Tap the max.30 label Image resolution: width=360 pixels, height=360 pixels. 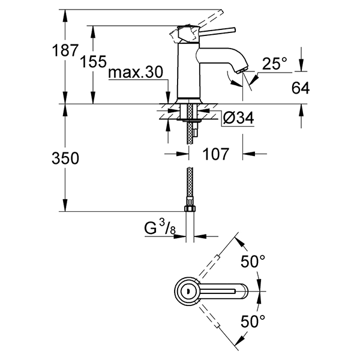[x=136, y=74]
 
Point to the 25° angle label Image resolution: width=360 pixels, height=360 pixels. [x=275, y=63]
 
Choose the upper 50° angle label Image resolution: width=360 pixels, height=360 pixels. [x=252, y=262]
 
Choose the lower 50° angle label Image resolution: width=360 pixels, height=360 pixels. [x=252, y=322]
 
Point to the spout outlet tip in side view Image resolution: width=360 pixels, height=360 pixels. [x=239, y=70]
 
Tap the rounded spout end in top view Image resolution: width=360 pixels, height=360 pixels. [x=242, y=292]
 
